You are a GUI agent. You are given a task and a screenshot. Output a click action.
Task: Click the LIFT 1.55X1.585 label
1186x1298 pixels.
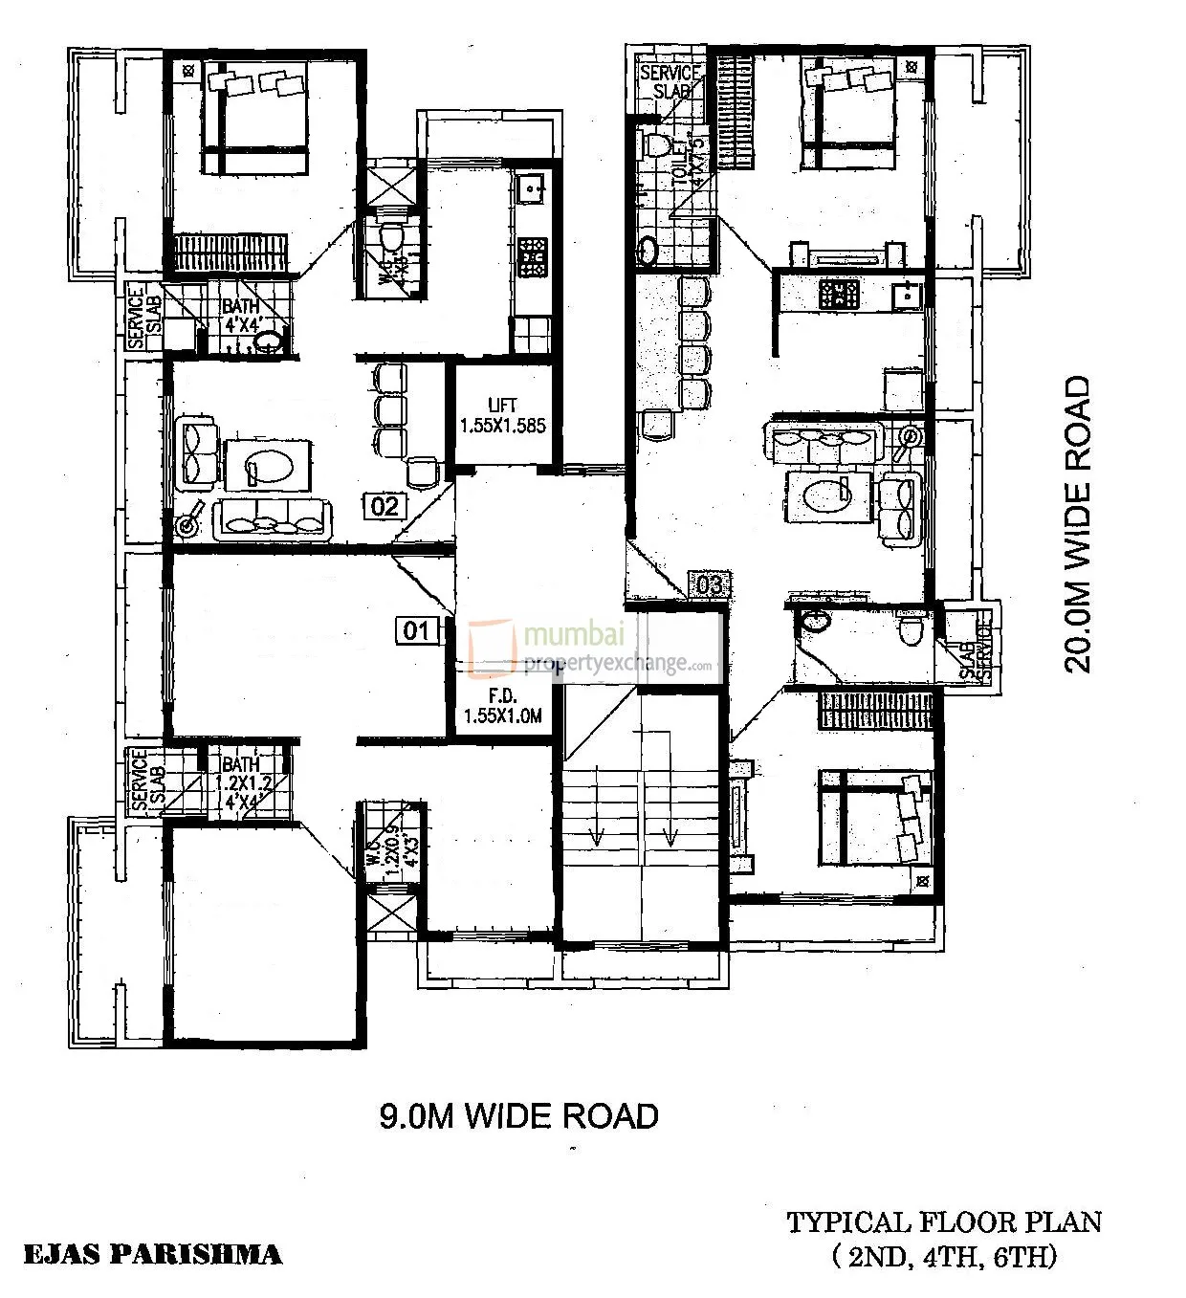point(502,416)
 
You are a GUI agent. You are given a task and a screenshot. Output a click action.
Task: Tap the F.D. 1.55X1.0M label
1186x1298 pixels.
point(502,706)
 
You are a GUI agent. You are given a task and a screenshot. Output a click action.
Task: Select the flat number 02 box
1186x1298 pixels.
point(384,505)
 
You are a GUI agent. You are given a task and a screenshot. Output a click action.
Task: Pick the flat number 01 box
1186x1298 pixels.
point(417,630)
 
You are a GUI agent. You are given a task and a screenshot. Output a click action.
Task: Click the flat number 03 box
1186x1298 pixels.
point(710,584)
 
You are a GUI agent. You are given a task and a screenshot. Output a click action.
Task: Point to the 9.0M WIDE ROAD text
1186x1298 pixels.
point(519,1115)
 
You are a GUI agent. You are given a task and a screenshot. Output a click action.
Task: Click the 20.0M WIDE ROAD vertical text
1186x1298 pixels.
point(1077,524)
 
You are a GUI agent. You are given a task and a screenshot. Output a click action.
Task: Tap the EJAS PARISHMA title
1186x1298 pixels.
point(152,1254)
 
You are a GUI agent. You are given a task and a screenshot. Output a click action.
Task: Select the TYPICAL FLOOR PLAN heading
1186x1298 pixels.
point(944,1221)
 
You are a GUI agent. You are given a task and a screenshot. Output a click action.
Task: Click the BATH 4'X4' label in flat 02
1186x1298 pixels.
point(241,315)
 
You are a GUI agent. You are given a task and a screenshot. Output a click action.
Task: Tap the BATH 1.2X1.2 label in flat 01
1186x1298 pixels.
point(240,773)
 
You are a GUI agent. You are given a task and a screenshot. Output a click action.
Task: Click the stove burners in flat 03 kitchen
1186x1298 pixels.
point(839,293)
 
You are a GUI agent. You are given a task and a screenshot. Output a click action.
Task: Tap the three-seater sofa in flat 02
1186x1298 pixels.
point(274,518)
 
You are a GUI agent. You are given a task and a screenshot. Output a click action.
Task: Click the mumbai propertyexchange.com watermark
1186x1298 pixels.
point(593,650)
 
